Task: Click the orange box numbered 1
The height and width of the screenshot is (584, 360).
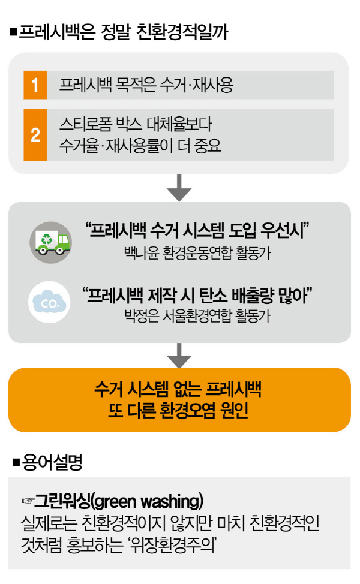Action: coord(35,85)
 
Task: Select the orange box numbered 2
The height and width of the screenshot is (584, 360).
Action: coord(35,134)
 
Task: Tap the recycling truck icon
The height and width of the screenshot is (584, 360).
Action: coord(50,242)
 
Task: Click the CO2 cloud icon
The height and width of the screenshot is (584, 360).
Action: coord(49,302)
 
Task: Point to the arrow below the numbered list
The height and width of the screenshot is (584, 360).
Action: coord(179,188)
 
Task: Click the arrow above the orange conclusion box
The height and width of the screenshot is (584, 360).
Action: coord(179,355)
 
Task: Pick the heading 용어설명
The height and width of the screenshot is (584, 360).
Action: coord(53,462)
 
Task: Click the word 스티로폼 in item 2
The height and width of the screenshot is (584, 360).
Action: coord(86,124)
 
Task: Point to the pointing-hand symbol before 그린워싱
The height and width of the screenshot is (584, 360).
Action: coord(28,501)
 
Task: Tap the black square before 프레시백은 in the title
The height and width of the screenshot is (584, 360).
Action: coord(14,33)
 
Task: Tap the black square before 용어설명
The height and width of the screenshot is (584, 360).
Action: coord(16,462)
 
